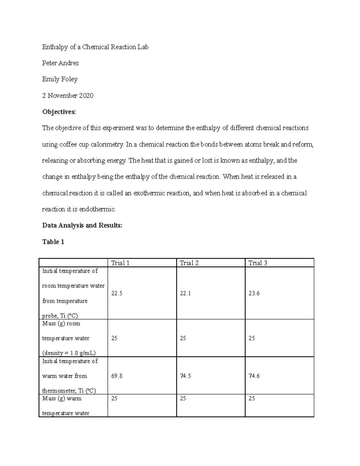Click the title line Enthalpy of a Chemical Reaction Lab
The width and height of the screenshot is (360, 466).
pyautogui.click(x=95, y=47)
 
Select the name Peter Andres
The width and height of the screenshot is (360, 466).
pyautogui.click(x=60, y=63)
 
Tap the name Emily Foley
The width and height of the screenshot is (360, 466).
pyautogui.click(x=60, y=80)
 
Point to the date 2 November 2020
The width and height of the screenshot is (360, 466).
pyautogui.click(x=68, y=96)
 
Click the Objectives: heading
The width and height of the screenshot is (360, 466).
pyautogui.click(x=59, y=112)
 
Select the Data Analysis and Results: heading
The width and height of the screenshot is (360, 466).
pyautogui.click(x=82, y=225)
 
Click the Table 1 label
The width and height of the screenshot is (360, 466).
pyautogui.click(x=53, y=242)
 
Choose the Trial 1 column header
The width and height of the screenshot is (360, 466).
pyautogui.click(x=120, y=263)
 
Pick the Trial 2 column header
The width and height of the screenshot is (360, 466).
pyautogui.click(x=189, y=263)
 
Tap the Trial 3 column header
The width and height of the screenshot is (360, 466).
pyautogui.click(x=258, y=263)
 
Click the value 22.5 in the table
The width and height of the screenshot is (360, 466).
pyautogui.click(x=117, y=293)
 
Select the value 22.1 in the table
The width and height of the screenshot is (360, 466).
pyautogui.click(x=185, y=293)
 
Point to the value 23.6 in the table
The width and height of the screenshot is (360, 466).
pyautogui.click(x=254, y=293)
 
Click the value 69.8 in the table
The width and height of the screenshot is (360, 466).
pyautogui.click(x=117, y=376)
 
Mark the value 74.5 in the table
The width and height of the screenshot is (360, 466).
pyautogui.click(x=185, y=376)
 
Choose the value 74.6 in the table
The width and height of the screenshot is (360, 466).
pyautogui.click(x=254, y=376)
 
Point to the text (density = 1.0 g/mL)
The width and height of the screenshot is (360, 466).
pyautogui.click(x=69, y=353)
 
